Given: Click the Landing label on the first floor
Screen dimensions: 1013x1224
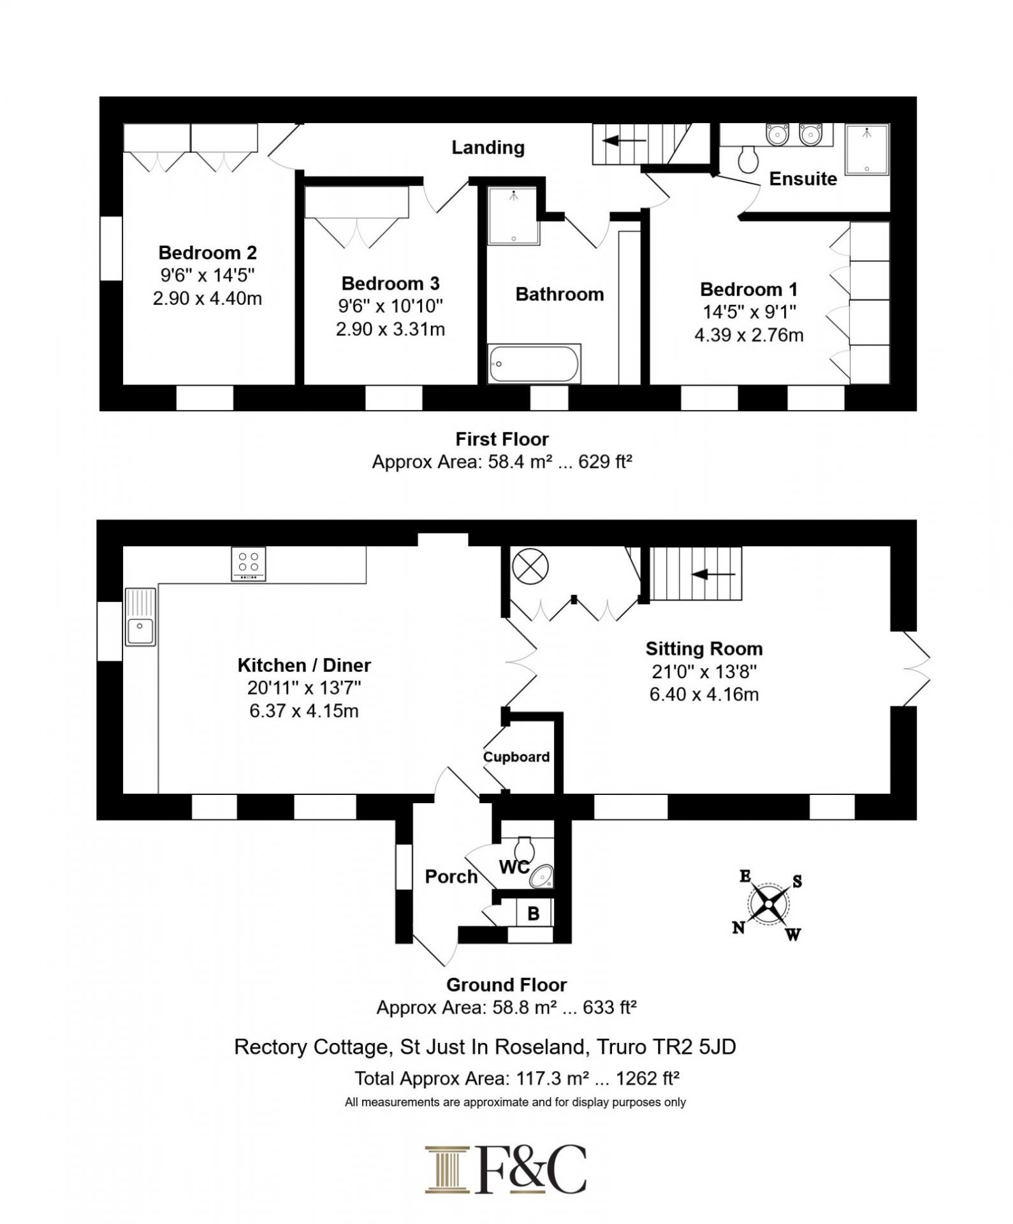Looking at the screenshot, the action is coord(488,148).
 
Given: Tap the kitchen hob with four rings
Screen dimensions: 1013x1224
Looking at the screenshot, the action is coord(249,564).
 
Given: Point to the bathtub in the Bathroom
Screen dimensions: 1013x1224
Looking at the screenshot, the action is coord(534,364).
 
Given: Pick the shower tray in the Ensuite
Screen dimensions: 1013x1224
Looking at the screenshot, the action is coord(867,150).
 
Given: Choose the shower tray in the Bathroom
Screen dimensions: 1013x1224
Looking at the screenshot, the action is coord(514,215).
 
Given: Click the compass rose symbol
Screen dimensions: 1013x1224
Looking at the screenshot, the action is coord(769,905).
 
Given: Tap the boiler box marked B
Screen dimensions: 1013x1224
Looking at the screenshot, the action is coord(534,913).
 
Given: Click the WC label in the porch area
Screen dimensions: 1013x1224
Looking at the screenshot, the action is coord(514,867).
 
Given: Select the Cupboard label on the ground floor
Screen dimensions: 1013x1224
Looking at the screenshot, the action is coord(516,757).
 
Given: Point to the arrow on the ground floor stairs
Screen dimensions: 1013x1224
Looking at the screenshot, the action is coord(713,574).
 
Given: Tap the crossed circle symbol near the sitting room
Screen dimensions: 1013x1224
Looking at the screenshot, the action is coord(530,566).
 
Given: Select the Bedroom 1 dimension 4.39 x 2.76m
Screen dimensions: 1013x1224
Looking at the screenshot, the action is coord(749,335).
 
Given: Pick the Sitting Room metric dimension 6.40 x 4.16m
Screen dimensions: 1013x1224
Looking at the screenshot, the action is coord(704,694).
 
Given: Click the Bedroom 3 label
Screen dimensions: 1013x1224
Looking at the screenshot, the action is coord(390,283).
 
